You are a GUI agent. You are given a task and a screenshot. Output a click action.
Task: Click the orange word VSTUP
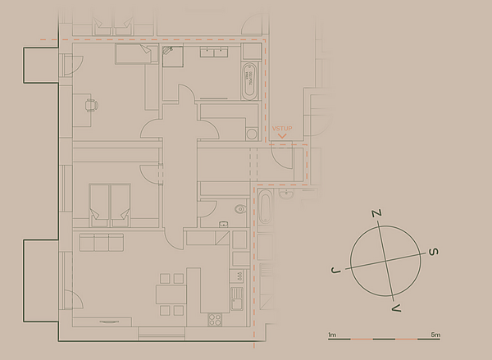tap(282, 129)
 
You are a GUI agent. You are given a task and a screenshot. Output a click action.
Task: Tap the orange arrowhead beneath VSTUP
tap(282, 136)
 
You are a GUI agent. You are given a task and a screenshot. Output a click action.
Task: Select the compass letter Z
tap(377, 213)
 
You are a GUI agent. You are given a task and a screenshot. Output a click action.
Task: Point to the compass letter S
tap(433, 252)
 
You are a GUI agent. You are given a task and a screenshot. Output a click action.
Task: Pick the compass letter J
tap(335, 271)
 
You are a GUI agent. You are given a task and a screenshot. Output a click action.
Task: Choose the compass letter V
tap(396, 308)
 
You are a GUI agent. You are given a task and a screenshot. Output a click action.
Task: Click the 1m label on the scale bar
tap(332, 335)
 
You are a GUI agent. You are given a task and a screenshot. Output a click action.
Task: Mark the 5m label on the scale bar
tap(435, 335)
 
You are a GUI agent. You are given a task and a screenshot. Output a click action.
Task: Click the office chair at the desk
tap(91, 106)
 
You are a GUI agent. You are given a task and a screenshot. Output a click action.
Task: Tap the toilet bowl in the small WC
tap(240, 209)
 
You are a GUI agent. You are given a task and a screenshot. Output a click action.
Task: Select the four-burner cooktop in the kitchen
tap(215, 320)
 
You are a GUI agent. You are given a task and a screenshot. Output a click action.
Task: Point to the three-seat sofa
tap(102, 242)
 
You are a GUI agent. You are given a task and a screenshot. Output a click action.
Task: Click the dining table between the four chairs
tap(171, 294)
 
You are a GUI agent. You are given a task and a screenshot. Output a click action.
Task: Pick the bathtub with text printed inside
tap(249, 81)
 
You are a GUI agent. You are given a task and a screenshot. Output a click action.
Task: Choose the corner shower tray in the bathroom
tap(172, 57)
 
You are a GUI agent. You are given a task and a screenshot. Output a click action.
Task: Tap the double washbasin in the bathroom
tap(214, 52)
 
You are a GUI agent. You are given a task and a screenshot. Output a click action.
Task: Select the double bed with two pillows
tap(110, 205)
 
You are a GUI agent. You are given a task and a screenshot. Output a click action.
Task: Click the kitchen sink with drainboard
tap(237, 298)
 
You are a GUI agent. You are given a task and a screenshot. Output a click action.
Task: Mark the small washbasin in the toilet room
tap(223, 224)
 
